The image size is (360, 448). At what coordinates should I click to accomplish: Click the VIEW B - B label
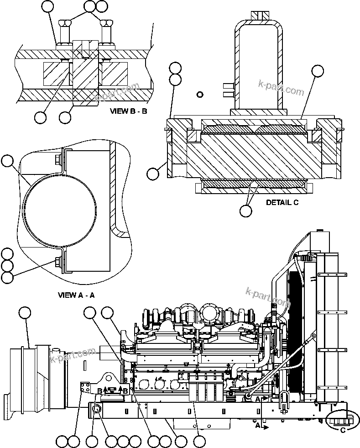128,111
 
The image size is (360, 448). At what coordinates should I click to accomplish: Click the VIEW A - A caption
76,295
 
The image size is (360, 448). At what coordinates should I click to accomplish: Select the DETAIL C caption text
282,202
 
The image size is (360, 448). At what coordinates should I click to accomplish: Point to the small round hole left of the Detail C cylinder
199,95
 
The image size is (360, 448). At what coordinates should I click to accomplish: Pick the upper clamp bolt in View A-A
57,158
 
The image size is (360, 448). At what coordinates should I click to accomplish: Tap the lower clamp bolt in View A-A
57,262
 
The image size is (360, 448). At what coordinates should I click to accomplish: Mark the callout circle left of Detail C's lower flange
153,174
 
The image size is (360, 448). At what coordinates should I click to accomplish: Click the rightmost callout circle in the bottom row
199,441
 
